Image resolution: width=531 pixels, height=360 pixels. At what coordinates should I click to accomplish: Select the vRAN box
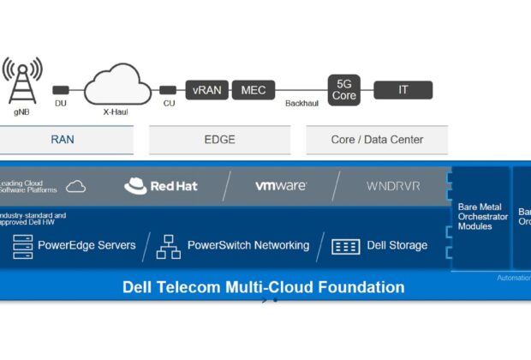coord(206,90)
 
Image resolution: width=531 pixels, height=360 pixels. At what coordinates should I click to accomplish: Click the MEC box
coord(254,90)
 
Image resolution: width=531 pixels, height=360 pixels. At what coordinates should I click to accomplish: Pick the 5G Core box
coord(345,89)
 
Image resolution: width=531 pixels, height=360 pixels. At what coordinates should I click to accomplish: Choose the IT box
coord(403,90)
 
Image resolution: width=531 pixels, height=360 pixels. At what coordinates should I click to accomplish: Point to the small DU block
coord(61,90)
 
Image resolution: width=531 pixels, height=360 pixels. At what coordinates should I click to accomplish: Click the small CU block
coord(169,90)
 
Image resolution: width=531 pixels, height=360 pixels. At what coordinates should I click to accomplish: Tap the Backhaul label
coord(302,103)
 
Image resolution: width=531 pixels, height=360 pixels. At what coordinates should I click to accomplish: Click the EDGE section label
coord(219,140)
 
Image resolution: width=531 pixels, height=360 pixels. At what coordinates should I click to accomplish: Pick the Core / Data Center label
coord(377,140)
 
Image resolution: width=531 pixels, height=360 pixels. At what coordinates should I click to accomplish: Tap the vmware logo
coord(281,186)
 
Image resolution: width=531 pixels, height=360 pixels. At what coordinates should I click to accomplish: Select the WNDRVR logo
coord(393,186)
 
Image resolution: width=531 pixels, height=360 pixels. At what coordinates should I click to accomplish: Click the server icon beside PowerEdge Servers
coord(21,246)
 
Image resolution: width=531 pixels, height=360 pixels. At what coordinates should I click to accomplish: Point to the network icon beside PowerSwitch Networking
coord(168,246)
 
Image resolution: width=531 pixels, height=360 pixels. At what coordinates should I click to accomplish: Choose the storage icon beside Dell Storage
coord(345,247)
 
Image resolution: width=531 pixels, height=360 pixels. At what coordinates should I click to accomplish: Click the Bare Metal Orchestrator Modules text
coord(482,217)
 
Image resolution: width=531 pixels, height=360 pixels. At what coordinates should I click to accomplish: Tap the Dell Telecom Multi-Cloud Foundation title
coord(263,287)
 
